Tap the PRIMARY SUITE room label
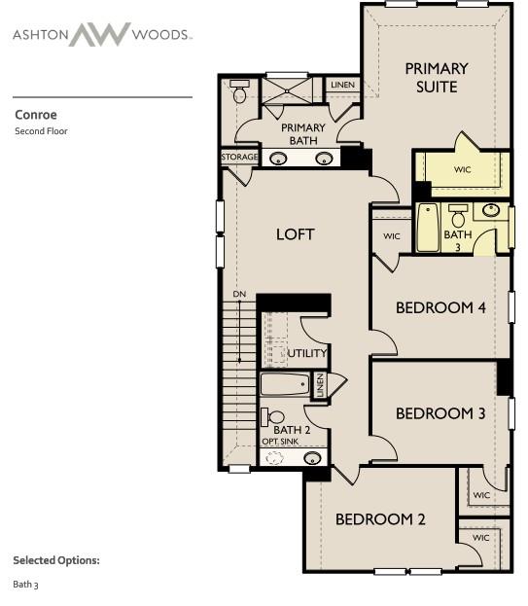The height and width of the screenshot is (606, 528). [436, 77]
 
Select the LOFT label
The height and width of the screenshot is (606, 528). [296, 234]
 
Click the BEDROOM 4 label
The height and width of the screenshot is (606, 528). [440, 308]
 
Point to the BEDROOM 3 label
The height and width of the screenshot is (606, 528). [440, 413]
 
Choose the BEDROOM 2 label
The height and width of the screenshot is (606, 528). [380, 519]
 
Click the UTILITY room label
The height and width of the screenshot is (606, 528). [306, 353]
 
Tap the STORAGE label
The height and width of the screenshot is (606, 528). [239, 157]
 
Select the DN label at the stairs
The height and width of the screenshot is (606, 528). [239, 294]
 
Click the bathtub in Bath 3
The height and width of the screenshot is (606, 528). [428, 229]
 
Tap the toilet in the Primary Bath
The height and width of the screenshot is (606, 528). [240, 92]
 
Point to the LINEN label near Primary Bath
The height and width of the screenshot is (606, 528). [342, 86]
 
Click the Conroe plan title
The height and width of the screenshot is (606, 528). [36, 115]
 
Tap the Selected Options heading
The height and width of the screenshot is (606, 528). [56, 560]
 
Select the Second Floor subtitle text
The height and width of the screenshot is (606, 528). [41, 131]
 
